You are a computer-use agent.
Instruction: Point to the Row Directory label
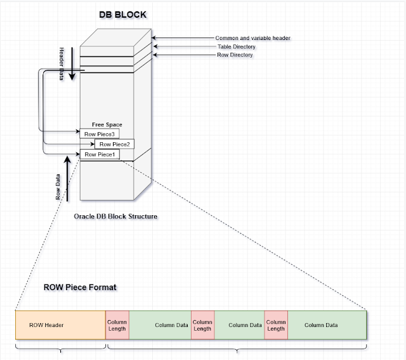point(235,55)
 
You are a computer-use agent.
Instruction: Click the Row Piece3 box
point(98,134)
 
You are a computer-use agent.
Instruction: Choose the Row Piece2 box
point(114,144)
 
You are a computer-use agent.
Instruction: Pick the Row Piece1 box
point(98,154)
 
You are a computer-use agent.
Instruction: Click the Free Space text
point(107,125)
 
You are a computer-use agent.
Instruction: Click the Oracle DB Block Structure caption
point(115,217)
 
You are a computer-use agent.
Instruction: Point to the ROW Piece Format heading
point(80,287)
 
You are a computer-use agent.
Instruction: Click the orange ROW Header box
point(60,325)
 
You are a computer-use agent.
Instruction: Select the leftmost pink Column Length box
point(117,325)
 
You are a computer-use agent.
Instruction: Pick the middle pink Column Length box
point(202,325)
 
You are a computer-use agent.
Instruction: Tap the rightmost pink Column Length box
point(276,325)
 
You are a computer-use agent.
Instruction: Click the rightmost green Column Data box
point(327,325)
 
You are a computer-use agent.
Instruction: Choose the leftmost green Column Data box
point(160,325)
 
